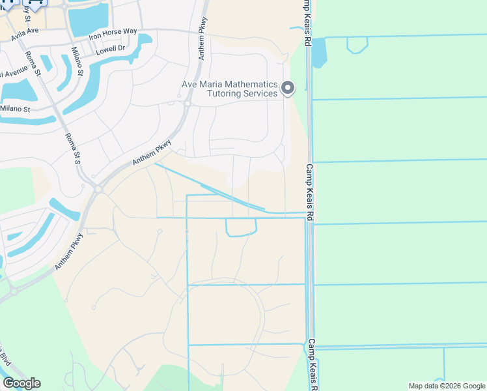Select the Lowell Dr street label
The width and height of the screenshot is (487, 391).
tap(111, 50)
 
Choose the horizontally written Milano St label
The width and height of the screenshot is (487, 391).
tap(15, 109)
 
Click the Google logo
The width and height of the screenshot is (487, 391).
tap(21, 383)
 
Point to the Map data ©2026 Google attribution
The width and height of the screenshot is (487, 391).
tap(446, 386)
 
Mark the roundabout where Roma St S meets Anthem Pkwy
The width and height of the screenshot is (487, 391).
tap(98, 188)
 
